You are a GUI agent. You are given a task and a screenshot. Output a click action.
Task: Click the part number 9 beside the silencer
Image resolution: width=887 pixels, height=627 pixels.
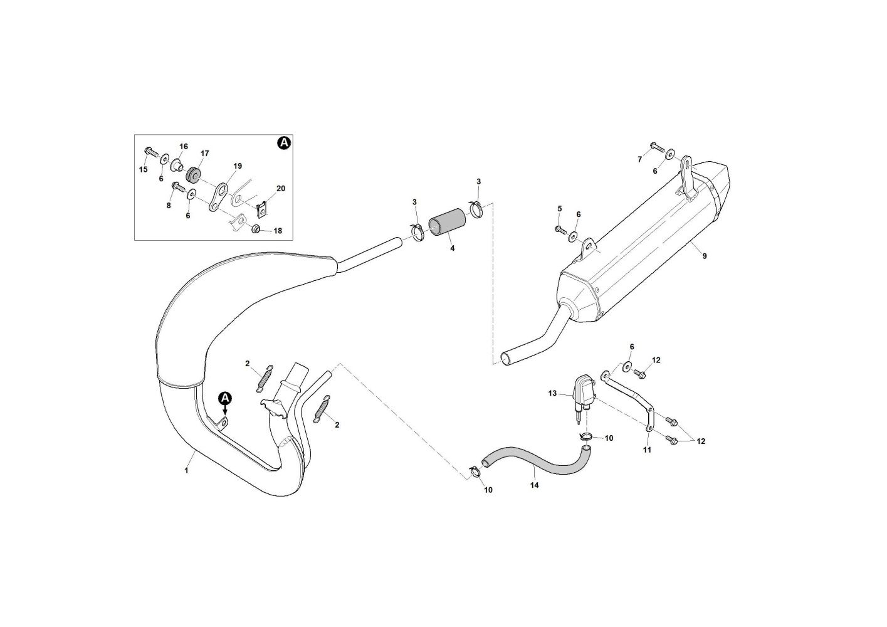point(704,256)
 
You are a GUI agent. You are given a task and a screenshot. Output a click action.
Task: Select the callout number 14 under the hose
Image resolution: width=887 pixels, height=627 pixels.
point(534,484)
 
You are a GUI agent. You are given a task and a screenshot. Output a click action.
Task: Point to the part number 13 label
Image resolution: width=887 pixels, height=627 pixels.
point(552,394)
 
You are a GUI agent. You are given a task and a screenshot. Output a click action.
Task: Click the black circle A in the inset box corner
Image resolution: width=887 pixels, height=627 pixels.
point(283,144)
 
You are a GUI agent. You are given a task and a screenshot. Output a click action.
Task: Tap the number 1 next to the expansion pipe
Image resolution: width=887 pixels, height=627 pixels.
point(186,470)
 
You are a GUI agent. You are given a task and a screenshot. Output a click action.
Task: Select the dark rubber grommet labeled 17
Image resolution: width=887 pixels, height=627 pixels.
point(192,173)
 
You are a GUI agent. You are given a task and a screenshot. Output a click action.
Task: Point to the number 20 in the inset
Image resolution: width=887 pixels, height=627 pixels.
point(280,189)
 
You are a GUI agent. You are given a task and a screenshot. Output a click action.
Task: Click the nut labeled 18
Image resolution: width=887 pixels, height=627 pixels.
point(256,228)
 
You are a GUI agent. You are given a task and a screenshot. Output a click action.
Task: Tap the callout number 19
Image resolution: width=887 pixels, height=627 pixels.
point(238,166)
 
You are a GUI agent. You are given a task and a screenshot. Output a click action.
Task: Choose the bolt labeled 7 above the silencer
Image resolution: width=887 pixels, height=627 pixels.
point(656,147)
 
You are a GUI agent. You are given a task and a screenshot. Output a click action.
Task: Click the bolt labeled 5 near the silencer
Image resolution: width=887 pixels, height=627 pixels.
point(560,229)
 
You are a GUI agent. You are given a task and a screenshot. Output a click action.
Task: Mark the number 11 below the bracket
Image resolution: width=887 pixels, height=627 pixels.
point(647,450)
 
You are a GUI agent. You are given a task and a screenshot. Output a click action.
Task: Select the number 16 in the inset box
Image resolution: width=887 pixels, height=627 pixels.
point(183,147)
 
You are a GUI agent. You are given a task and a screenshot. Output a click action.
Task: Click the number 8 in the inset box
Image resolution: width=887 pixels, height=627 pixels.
point(169,205)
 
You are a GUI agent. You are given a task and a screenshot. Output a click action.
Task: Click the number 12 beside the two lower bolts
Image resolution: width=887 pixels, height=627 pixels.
point(701,441)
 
